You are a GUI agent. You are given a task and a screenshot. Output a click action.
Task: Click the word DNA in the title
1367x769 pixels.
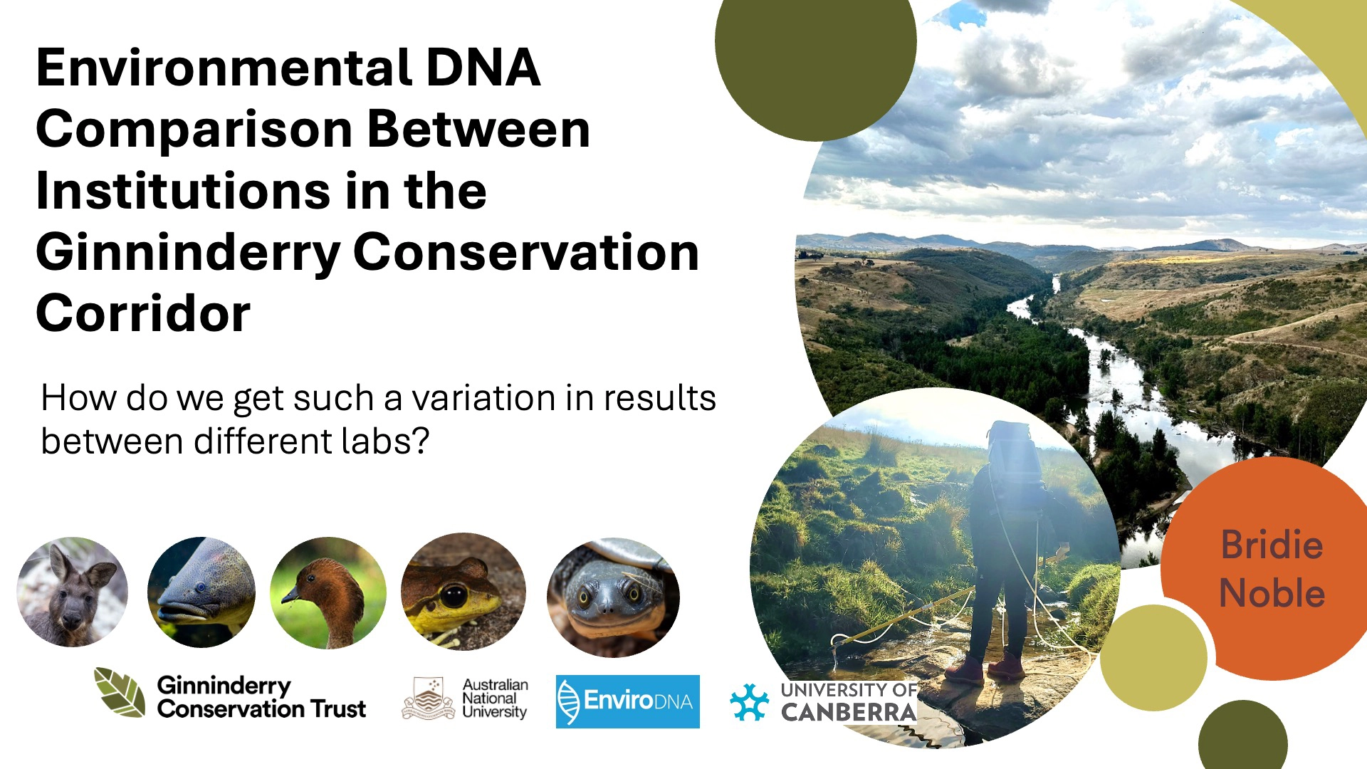click(483, 68)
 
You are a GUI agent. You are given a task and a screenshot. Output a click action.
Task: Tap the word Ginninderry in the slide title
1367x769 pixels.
click(188, 253)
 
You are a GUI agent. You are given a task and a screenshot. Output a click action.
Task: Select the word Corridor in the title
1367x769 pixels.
click(143, 313)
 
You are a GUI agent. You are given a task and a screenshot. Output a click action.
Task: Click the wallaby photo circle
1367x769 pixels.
click(73, 592)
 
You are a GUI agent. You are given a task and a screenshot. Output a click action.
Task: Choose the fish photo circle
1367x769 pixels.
click(201, 592)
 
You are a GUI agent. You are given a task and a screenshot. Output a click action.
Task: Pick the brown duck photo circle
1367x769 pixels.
click(328, 592)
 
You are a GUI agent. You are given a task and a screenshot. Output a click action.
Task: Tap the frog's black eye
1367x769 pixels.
click(454, 595)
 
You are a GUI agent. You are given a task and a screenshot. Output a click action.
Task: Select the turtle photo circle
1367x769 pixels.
click(613, 597)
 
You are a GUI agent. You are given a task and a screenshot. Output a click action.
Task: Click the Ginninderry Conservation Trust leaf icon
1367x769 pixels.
click(120, 692)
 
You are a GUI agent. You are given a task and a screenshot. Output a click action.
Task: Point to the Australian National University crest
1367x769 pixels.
click(428, 699)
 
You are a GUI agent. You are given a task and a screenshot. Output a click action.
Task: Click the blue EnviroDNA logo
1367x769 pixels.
click(627, 701)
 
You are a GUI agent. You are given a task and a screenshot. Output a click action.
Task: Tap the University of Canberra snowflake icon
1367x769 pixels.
click(750, 703)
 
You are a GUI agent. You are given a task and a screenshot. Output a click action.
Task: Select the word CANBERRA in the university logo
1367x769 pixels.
click(849, 712)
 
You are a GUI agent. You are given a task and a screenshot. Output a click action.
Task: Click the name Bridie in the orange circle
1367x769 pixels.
click(1272, 545)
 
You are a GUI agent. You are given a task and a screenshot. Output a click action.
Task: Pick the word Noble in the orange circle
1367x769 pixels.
click(1272, 593)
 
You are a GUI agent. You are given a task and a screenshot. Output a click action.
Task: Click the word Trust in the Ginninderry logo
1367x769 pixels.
click(338, 709)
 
